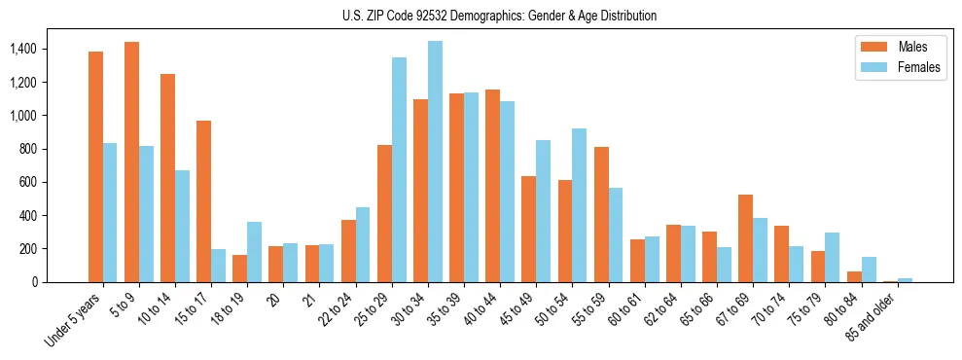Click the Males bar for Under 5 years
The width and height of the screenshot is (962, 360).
coord(95,166)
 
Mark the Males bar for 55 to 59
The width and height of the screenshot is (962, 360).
coord(601,214)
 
